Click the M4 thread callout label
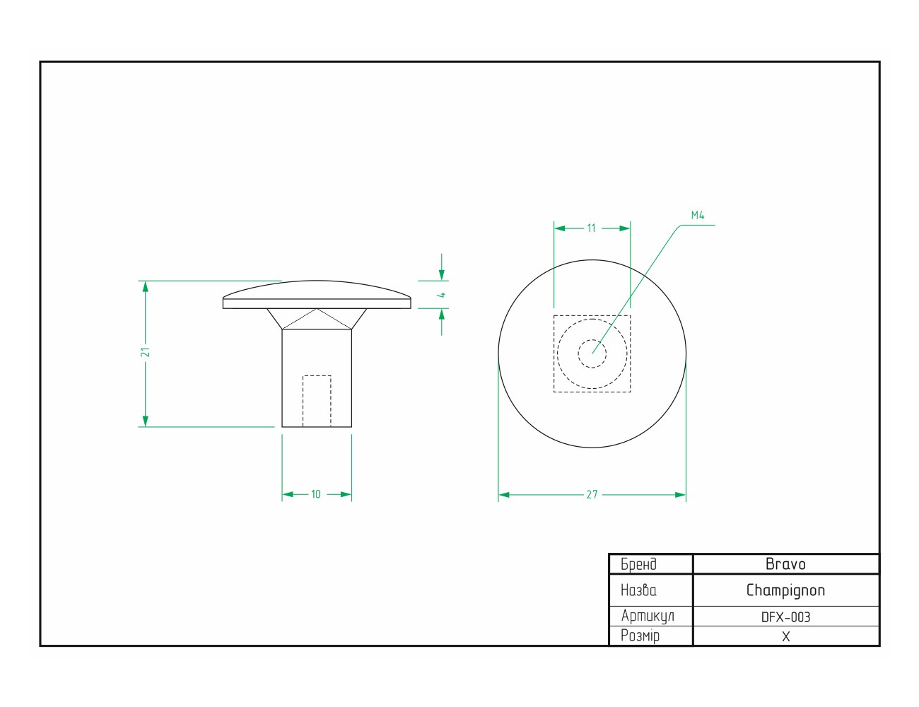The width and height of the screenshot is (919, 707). click(698, 215)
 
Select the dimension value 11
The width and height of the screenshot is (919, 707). click(591, 228)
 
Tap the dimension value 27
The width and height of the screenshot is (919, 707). click(592, 494)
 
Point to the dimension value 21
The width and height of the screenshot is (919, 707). click(146, 352)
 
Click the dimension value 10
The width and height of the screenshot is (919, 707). click(316, 494)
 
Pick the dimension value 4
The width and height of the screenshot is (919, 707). click(442, 295)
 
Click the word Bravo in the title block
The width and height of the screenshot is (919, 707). click(785, 564)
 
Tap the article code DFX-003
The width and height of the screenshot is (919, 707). click(785, 617)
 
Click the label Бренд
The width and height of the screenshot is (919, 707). click(638, 564)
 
